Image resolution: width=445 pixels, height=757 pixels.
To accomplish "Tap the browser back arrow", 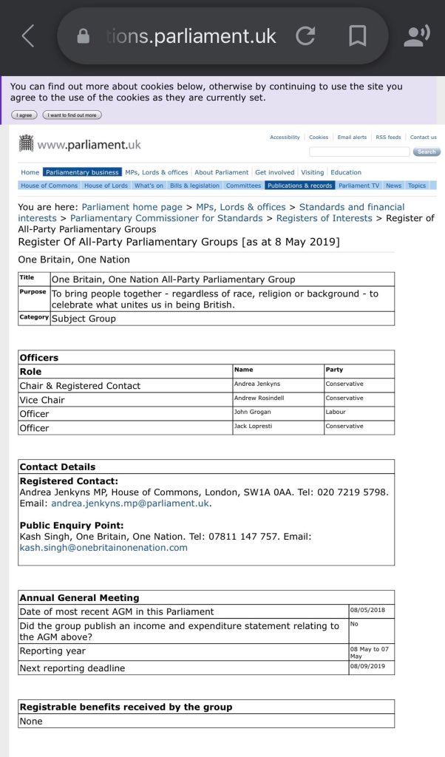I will click(x=28, y=35).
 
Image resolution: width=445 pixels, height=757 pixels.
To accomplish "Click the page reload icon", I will click(x=305, y=35).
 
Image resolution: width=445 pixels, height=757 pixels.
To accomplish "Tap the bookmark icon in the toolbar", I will click(x=358, y=35).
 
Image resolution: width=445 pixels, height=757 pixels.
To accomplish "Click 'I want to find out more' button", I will click(x=72, y=115).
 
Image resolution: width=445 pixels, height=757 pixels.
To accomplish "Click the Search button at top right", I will click(x=426, y=152).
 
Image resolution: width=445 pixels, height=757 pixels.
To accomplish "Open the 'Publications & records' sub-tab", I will click(x=299, y=186).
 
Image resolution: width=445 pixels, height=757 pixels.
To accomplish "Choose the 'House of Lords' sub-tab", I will click(x=106, y=186).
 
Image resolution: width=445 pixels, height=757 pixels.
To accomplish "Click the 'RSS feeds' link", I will click(x=388, y=138).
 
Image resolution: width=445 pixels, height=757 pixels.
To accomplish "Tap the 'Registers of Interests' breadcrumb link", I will click(x=325, y=218).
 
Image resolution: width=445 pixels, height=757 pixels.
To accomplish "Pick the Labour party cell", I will click(x=336, y=413).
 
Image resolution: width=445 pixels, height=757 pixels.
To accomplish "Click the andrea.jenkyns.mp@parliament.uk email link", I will click(x=130, y=503).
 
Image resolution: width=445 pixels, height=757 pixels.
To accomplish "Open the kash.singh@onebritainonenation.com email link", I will click(x=103, y=548).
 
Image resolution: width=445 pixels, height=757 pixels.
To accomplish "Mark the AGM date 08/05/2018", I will click(x=367, y=611).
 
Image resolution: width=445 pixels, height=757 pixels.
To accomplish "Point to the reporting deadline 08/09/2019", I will click(x=367, y=667).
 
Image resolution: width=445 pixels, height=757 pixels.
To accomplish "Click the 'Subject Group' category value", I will click(x=84, y=319).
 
